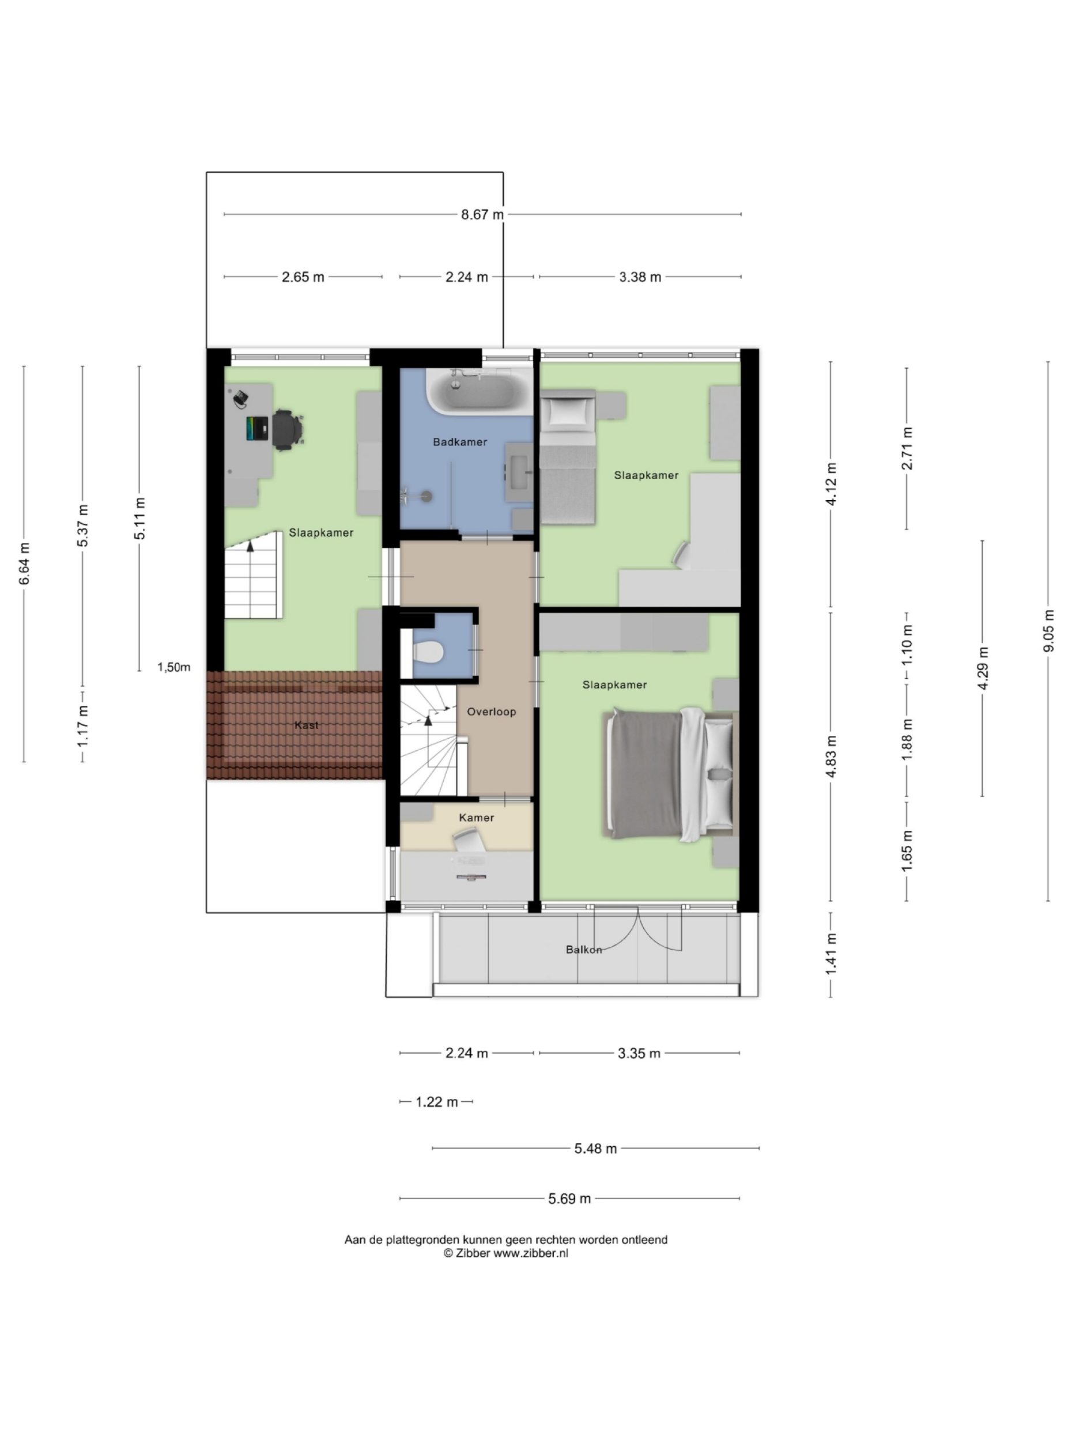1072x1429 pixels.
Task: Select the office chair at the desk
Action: coord(286,428)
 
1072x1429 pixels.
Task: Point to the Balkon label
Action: coord(583,950)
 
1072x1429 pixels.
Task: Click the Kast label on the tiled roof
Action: coord(306,725)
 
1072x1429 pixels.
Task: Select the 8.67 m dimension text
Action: coord(482,214)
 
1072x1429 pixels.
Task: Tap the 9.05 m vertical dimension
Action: coord(1048,630)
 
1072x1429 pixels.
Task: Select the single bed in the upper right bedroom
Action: coord(567,459)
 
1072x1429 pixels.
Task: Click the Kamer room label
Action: coord(476,818)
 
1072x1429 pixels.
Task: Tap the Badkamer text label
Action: coord(459,443)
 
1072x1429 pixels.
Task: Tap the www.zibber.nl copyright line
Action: coord(505,1253)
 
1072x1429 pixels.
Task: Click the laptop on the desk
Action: coord(257,428)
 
